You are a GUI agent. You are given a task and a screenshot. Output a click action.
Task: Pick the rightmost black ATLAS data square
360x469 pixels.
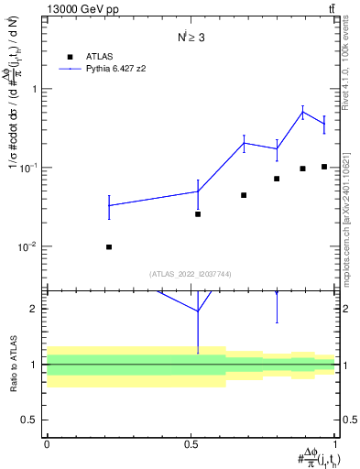click(324, 167)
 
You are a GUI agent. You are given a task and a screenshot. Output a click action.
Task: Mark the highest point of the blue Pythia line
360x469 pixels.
click(302, 113)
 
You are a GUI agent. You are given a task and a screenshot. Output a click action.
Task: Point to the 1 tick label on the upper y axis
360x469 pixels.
click(34, 89)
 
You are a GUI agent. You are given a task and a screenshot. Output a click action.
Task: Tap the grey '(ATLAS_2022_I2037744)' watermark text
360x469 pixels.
click(191, 273)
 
